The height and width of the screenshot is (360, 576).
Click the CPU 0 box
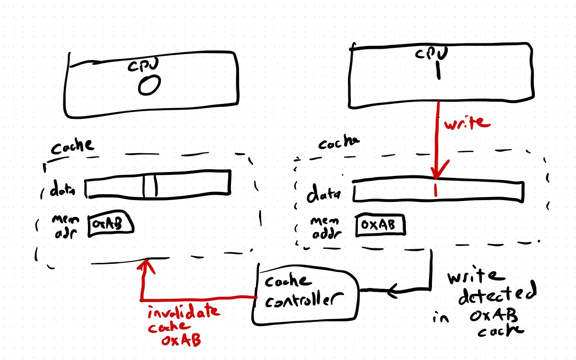152,85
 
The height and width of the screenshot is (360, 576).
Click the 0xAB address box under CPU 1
380,226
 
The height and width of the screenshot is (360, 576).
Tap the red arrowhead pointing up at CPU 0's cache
144,265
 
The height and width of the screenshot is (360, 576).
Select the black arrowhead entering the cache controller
392,290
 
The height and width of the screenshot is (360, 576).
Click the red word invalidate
184,312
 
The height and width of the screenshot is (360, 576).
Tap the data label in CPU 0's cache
62,191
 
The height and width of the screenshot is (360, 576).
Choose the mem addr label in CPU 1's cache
324,227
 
